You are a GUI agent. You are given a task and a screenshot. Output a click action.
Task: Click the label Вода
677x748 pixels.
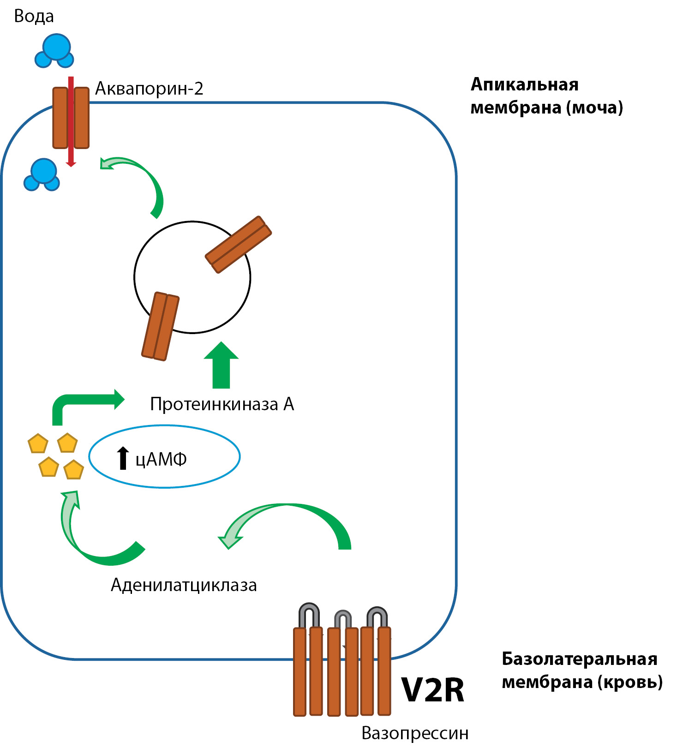[x=34, y=17]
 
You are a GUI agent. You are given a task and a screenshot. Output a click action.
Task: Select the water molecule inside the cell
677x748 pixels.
[x=42, y=175]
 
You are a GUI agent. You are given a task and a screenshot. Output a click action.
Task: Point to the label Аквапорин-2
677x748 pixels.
[x=149, y=89]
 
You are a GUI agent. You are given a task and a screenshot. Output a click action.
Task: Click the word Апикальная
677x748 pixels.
[x=524, y=85]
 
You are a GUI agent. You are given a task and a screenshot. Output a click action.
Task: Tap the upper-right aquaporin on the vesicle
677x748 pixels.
[x=238, y=244]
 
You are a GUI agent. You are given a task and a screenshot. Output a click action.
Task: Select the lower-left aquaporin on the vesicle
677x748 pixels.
[x=160, y=326]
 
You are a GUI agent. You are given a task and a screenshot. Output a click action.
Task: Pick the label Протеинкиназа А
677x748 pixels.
[x=222, y=404]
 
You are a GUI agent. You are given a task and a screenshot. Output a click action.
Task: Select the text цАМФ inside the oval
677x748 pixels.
[x=161, y=460]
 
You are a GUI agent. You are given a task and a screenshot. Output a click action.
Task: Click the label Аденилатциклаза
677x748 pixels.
[x=184, y=585]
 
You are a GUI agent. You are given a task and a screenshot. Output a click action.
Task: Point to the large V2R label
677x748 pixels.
[x=432, y=690]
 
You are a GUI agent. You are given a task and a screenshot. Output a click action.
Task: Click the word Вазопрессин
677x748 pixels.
[x=415, y=733]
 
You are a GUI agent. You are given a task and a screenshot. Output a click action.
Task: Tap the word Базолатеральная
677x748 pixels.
[x=579, y=659]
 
